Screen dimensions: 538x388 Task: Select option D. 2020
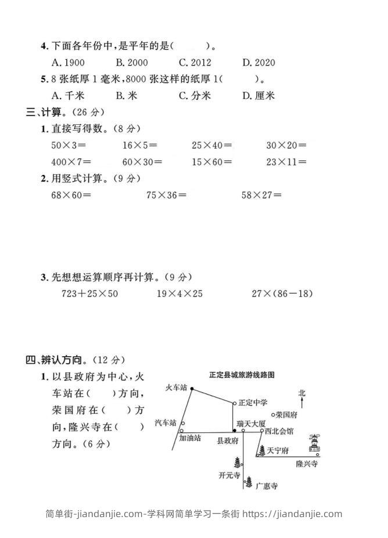258,63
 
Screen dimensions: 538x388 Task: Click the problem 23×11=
286,162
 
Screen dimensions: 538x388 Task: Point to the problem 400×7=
71,162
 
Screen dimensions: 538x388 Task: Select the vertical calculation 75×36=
167,195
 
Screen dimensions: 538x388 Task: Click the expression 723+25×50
89,293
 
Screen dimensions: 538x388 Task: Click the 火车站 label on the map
176,387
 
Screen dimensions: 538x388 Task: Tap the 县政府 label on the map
227,441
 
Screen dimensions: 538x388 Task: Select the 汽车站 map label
166,422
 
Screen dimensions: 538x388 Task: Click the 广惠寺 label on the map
266,485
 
